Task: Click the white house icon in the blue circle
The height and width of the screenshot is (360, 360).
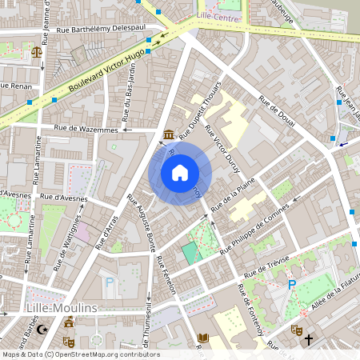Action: pyautogui.click(x=179, y=173)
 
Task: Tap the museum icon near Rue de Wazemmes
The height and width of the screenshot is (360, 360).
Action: pyautogui.click(x=169, y=134)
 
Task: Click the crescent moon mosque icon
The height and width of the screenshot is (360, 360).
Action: pyautogui.click(x=43, y=329)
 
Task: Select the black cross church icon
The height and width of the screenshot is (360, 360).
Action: pyautogui.click(x=309, y=340)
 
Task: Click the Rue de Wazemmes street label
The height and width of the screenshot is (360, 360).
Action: pyautogui.click(x=86, y=128)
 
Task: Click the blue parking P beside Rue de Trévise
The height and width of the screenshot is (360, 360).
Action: pyautogui.click(x=292, y=284)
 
